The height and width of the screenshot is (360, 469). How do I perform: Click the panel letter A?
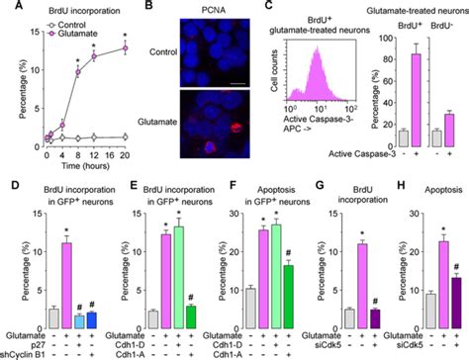pyautogui.click(x=7, y=7)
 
